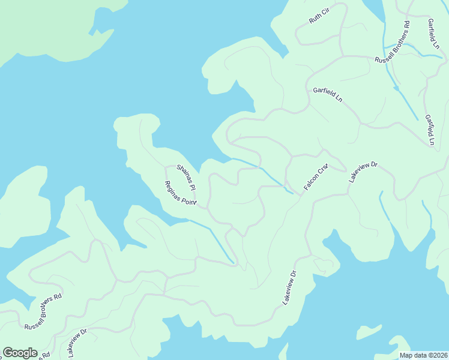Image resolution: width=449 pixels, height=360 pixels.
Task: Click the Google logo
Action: tap(20, 353)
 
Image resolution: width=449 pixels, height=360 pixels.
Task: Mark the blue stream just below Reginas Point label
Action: tap(213, 240)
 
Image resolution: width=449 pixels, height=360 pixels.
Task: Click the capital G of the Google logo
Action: tap(8, 352)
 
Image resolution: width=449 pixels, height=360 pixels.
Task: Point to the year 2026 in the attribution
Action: tap(439, 355)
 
